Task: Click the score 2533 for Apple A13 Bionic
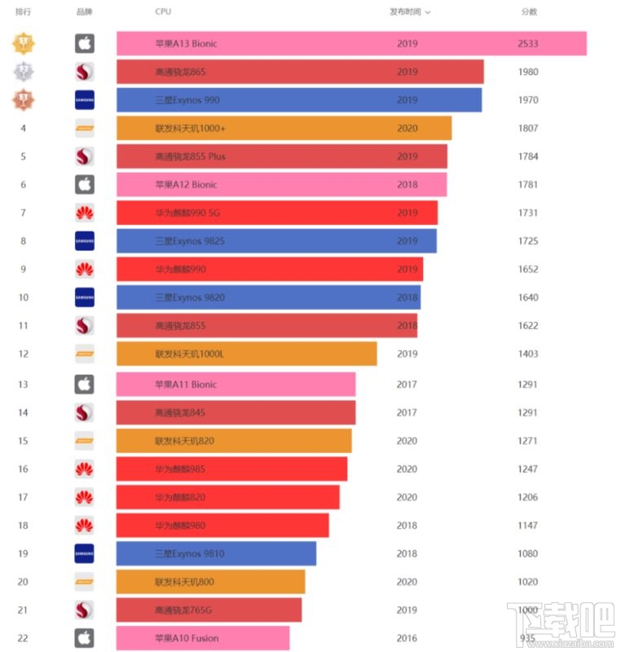[x=527, y=44]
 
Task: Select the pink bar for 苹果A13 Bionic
[x=350, y=44]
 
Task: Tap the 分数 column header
[x=530, y=12]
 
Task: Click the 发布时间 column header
[x=409, y=12]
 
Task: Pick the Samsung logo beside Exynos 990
[x=85, y=100]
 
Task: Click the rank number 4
[x=24, y=128]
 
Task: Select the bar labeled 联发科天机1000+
[x=284, y=128]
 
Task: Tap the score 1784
[x=527, y=156]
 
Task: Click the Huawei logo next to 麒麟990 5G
[x=85, y=213]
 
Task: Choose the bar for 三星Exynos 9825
[x=276, y=240]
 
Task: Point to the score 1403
[x=527, y=354]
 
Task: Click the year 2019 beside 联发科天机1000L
[x=407, y=354]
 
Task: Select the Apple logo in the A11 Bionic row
[x=85, y=385]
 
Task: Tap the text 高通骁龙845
[x=180, y=412]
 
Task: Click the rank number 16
[x=24, y=469]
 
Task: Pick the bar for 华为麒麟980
[x=222, y=526]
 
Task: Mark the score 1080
[x=527, y=553]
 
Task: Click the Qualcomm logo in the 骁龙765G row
[x=85, y=610]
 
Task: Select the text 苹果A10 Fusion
[x=187, y=638]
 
